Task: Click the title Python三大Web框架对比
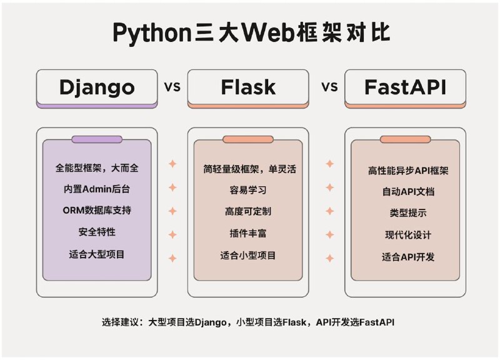point(249,32)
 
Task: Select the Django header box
point(97,88)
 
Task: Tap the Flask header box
point(247,88)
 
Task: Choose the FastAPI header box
point(405,88)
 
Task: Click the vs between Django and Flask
point(172,86)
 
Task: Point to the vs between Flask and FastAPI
point(329,86)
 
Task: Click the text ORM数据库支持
point(97,211)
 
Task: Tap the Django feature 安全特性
point(97,232)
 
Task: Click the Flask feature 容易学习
point(247,190)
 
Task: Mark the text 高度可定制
point(247,211)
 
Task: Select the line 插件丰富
point(247,233)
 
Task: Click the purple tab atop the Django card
point(97,139)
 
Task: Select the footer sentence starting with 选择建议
point(247,322)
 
